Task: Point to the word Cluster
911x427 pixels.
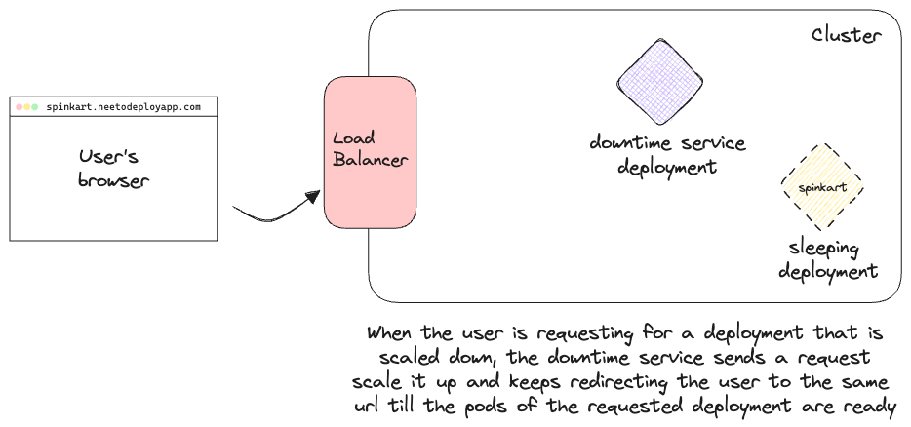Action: point(847,35)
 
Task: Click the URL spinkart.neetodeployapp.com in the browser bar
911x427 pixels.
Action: point(123,106)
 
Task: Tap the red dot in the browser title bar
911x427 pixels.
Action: point(20,106)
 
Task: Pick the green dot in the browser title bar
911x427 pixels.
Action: point(36,106)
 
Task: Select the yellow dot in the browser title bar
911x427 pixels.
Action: point(28,106)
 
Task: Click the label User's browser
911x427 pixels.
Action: point(114,168)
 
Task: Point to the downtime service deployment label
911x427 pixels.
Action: point(667,155)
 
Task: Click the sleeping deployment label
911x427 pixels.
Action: point(827,258)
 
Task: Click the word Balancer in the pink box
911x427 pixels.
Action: point(370,160)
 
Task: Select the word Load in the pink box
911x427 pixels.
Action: point(353,138)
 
